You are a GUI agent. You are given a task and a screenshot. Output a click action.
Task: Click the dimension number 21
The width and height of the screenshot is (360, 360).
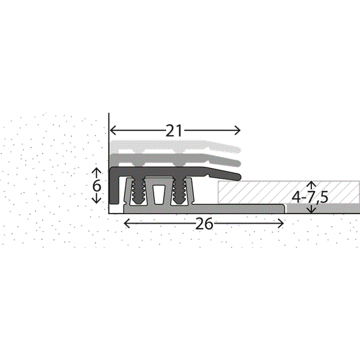click(x=174, y=131)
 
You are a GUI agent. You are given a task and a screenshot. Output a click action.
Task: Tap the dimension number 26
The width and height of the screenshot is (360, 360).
click(x=204, y=224)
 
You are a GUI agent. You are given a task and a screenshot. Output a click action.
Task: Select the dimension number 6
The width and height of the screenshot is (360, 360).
click(x=97, y=185)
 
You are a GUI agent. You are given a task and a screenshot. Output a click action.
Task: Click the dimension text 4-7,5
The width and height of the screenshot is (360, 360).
click(x=310, y=197)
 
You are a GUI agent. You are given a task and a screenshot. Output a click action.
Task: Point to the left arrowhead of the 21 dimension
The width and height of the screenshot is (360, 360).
click(x=113, y=131)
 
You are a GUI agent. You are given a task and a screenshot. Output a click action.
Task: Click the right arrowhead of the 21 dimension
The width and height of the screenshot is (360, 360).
click(x=238, y=131)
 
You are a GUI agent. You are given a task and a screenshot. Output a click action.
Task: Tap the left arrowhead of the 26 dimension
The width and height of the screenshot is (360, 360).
click(x=127, y=223)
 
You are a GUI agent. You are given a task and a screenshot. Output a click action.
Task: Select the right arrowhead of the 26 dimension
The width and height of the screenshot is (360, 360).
click(x=281, y=223)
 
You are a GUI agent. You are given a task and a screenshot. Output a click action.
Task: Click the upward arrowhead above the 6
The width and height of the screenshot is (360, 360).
click(x=97, y=170)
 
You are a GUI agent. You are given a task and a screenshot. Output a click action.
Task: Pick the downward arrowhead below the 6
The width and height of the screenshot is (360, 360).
click(x=97, y=201)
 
